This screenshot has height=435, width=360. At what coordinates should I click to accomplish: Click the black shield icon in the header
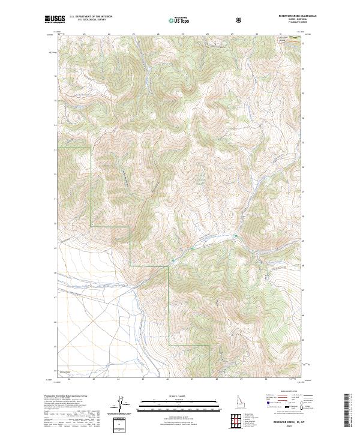[x=239, y=20]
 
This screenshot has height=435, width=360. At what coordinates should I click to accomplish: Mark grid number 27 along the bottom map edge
[x=192, y=379]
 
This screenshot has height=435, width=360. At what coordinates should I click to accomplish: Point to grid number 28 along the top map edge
[x=207, y=34]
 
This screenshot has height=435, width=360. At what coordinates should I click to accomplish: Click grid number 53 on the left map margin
[x=56, y=149]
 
